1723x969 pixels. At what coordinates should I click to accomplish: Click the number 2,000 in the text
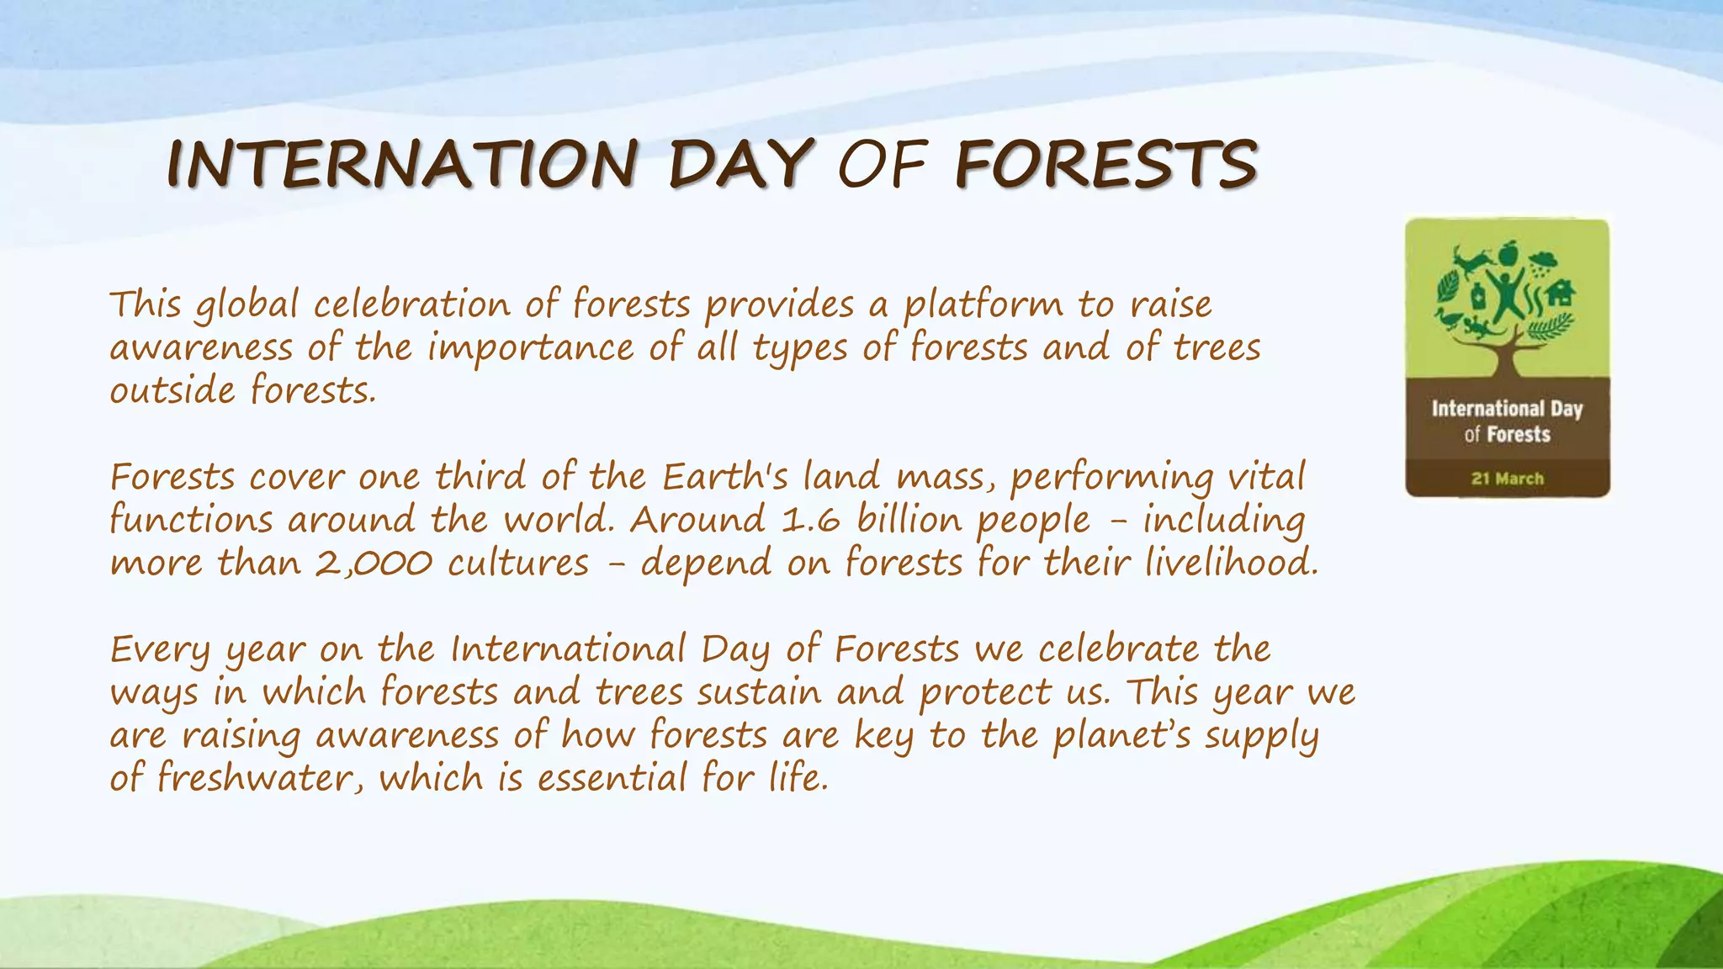coord(374,563)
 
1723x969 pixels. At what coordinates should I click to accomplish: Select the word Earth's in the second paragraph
coord(724,477)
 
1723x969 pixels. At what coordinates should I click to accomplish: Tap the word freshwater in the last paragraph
coord(260,777)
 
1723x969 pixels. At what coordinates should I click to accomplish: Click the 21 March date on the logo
coord(1507,479)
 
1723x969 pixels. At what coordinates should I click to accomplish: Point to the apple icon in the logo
coord(1508,251)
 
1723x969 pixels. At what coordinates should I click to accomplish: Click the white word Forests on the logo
coord(1519,435)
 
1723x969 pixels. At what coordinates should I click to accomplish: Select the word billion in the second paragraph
coord(909,520)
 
